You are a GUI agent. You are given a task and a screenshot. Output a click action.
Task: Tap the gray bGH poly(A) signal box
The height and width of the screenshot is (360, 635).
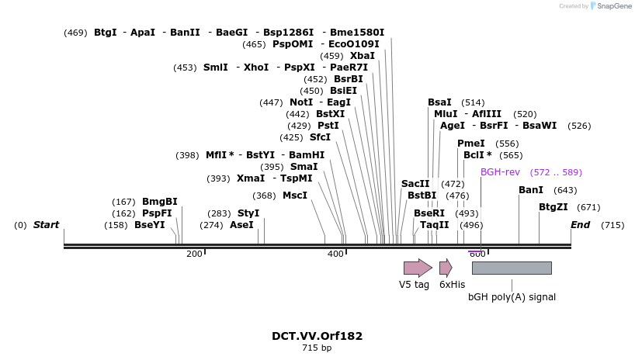(512, 268)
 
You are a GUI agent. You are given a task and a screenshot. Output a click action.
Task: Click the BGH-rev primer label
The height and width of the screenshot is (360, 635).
(499, 172)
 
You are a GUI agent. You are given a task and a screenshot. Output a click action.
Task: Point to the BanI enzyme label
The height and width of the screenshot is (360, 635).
(531, 190)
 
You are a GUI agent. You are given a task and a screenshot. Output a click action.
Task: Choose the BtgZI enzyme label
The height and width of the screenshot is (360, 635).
(553, 207)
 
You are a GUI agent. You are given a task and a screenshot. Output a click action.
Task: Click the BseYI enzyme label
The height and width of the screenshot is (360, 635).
(150, 225)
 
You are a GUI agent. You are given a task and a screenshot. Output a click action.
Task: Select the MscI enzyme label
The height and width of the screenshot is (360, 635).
(295, 196)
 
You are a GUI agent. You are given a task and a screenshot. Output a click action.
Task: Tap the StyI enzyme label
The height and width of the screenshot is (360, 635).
(248, 213)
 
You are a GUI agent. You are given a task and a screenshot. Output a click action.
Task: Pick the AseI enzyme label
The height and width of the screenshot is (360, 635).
(241, 225)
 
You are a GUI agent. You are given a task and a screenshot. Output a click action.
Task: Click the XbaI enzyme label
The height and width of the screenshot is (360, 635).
(363, 56)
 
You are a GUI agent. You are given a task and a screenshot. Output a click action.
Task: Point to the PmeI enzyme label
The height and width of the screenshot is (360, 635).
(471, 144)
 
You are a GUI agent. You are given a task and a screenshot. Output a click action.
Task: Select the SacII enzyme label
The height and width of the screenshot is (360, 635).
(415, 184)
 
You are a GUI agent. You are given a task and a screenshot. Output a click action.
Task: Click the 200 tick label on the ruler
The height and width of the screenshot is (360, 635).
(194, 254)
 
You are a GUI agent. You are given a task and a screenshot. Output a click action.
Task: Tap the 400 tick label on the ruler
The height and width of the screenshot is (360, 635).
(335, 254)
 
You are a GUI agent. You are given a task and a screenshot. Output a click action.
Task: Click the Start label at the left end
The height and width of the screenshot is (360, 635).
(46, 225)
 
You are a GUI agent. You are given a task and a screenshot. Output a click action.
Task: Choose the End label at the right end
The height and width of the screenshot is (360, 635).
(580, 225)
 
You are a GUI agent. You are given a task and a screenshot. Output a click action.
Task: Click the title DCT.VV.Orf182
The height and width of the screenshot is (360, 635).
(317, 336)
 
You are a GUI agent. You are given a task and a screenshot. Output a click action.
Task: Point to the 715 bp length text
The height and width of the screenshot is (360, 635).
(317, 348)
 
